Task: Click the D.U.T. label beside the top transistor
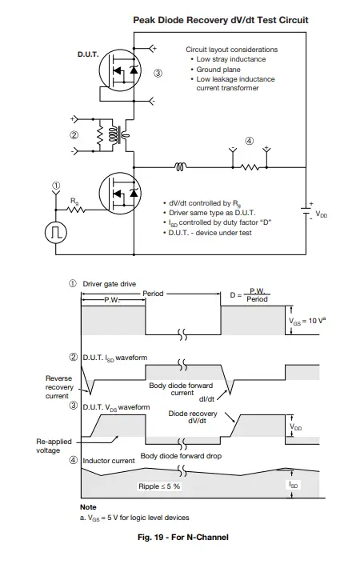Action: (x=87, y=54)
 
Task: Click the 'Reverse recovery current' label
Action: (x=59, y=386)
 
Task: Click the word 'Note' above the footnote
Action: (x=88, y=507)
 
